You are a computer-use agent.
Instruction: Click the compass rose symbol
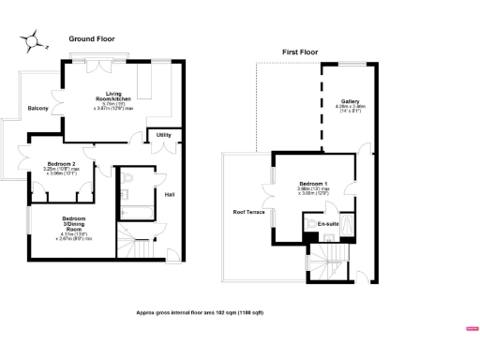click(35, 40)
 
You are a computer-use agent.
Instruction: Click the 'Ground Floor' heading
click(92, 38)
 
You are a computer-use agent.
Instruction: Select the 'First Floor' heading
click(302, 52)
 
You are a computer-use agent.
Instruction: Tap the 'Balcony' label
click(37, 108)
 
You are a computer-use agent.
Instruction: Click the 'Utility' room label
click(163, 135)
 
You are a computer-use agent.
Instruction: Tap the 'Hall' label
click(170, 194)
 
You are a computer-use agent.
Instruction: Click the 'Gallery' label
click(350, 100)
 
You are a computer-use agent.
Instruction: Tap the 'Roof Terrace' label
click(248, 212)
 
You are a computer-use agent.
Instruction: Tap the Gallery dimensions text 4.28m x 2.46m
click(350, 109)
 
